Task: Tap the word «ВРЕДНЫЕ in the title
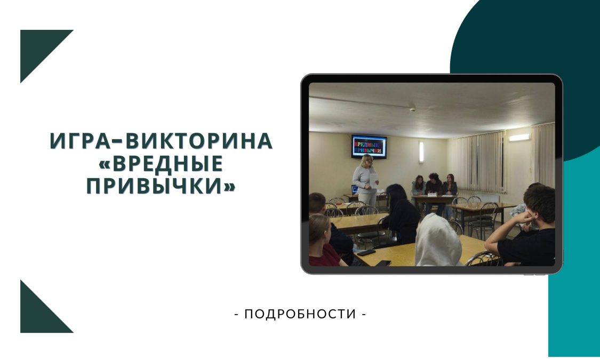(161, 163)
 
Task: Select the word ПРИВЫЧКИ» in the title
(161, 186)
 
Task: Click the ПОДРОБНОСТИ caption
(300, 314)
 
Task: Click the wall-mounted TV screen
(369, 147)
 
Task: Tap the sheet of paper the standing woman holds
(373, 180)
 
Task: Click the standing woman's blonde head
(367, 160)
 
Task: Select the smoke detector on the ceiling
(412, 109)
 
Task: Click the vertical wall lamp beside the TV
(421, 151)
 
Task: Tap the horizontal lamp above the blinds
(519, 138)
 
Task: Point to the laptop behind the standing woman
(355, 189)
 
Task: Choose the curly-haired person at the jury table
(434, 186)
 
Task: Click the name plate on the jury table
(432, 195)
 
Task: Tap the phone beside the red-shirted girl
(366, 252)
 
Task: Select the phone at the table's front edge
(383, 263)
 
